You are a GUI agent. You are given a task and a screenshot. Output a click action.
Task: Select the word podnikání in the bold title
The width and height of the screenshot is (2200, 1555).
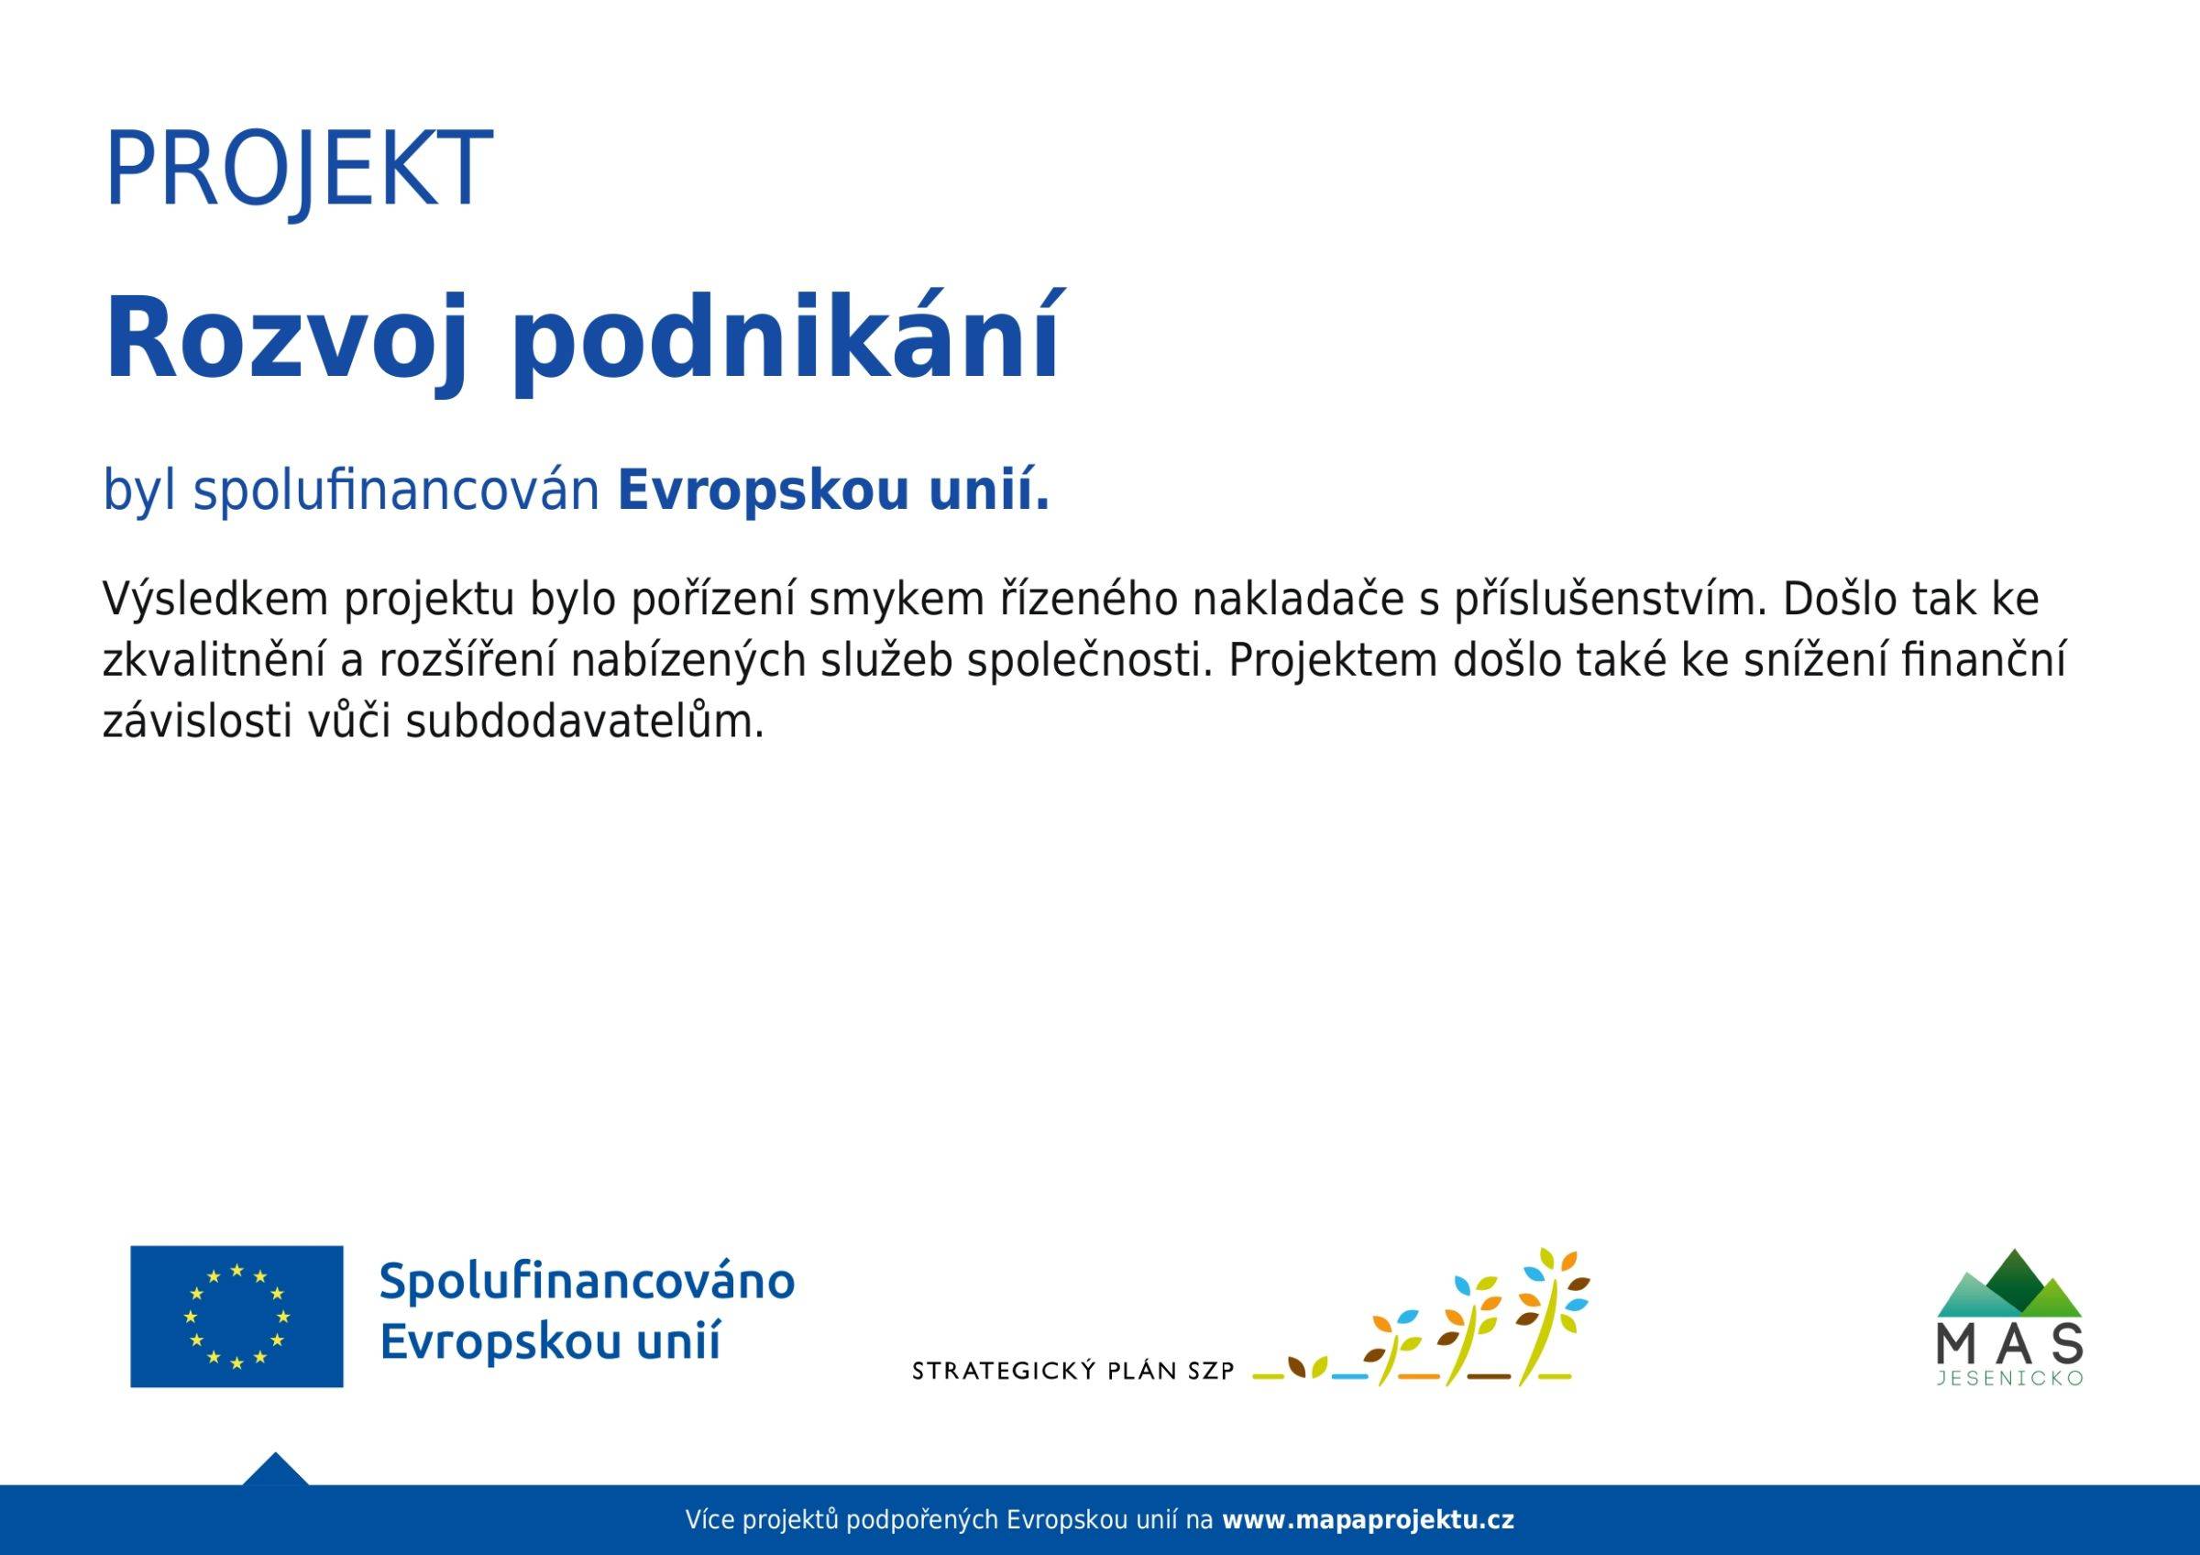pos(786,338)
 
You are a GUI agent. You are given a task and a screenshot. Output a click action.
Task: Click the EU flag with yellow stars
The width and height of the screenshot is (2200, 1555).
pos(236,1316)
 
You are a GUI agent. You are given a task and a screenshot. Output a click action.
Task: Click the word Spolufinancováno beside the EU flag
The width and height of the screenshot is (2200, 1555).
pos(588,1283)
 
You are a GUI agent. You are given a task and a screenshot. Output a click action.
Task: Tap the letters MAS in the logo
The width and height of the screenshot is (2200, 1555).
pos(2009,1344)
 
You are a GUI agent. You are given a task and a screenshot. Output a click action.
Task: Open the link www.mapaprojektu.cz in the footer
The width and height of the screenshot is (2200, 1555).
pos(1369,1519)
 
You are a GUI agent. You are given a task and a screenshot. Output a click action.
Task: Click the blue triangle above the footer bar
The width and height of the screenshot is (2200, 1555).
pos(275,1469)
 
